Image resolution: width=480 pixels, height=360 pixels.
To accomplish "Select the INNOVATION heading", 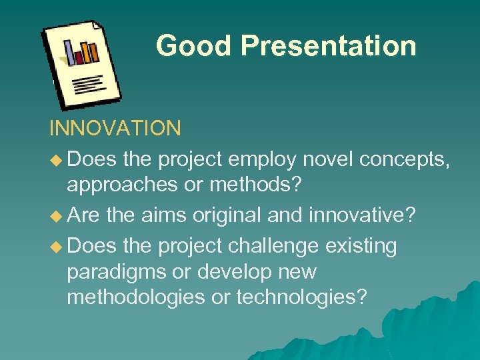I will (115, 127).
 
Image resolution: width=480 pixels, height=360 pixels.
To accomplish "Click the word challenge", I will (273, 247).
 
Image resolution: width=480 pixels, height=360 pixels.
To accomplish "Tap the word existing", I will (361, 247).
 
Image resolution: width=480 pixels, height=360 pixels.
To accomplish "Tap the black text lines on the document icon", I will (89, 84).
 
